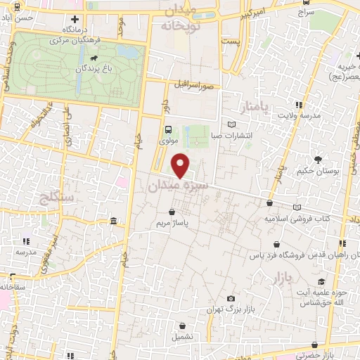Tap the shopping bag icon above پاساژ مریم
point(172,211)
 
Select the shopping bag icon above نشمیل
point(184,327)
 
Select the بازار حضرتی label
point(336,355)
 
